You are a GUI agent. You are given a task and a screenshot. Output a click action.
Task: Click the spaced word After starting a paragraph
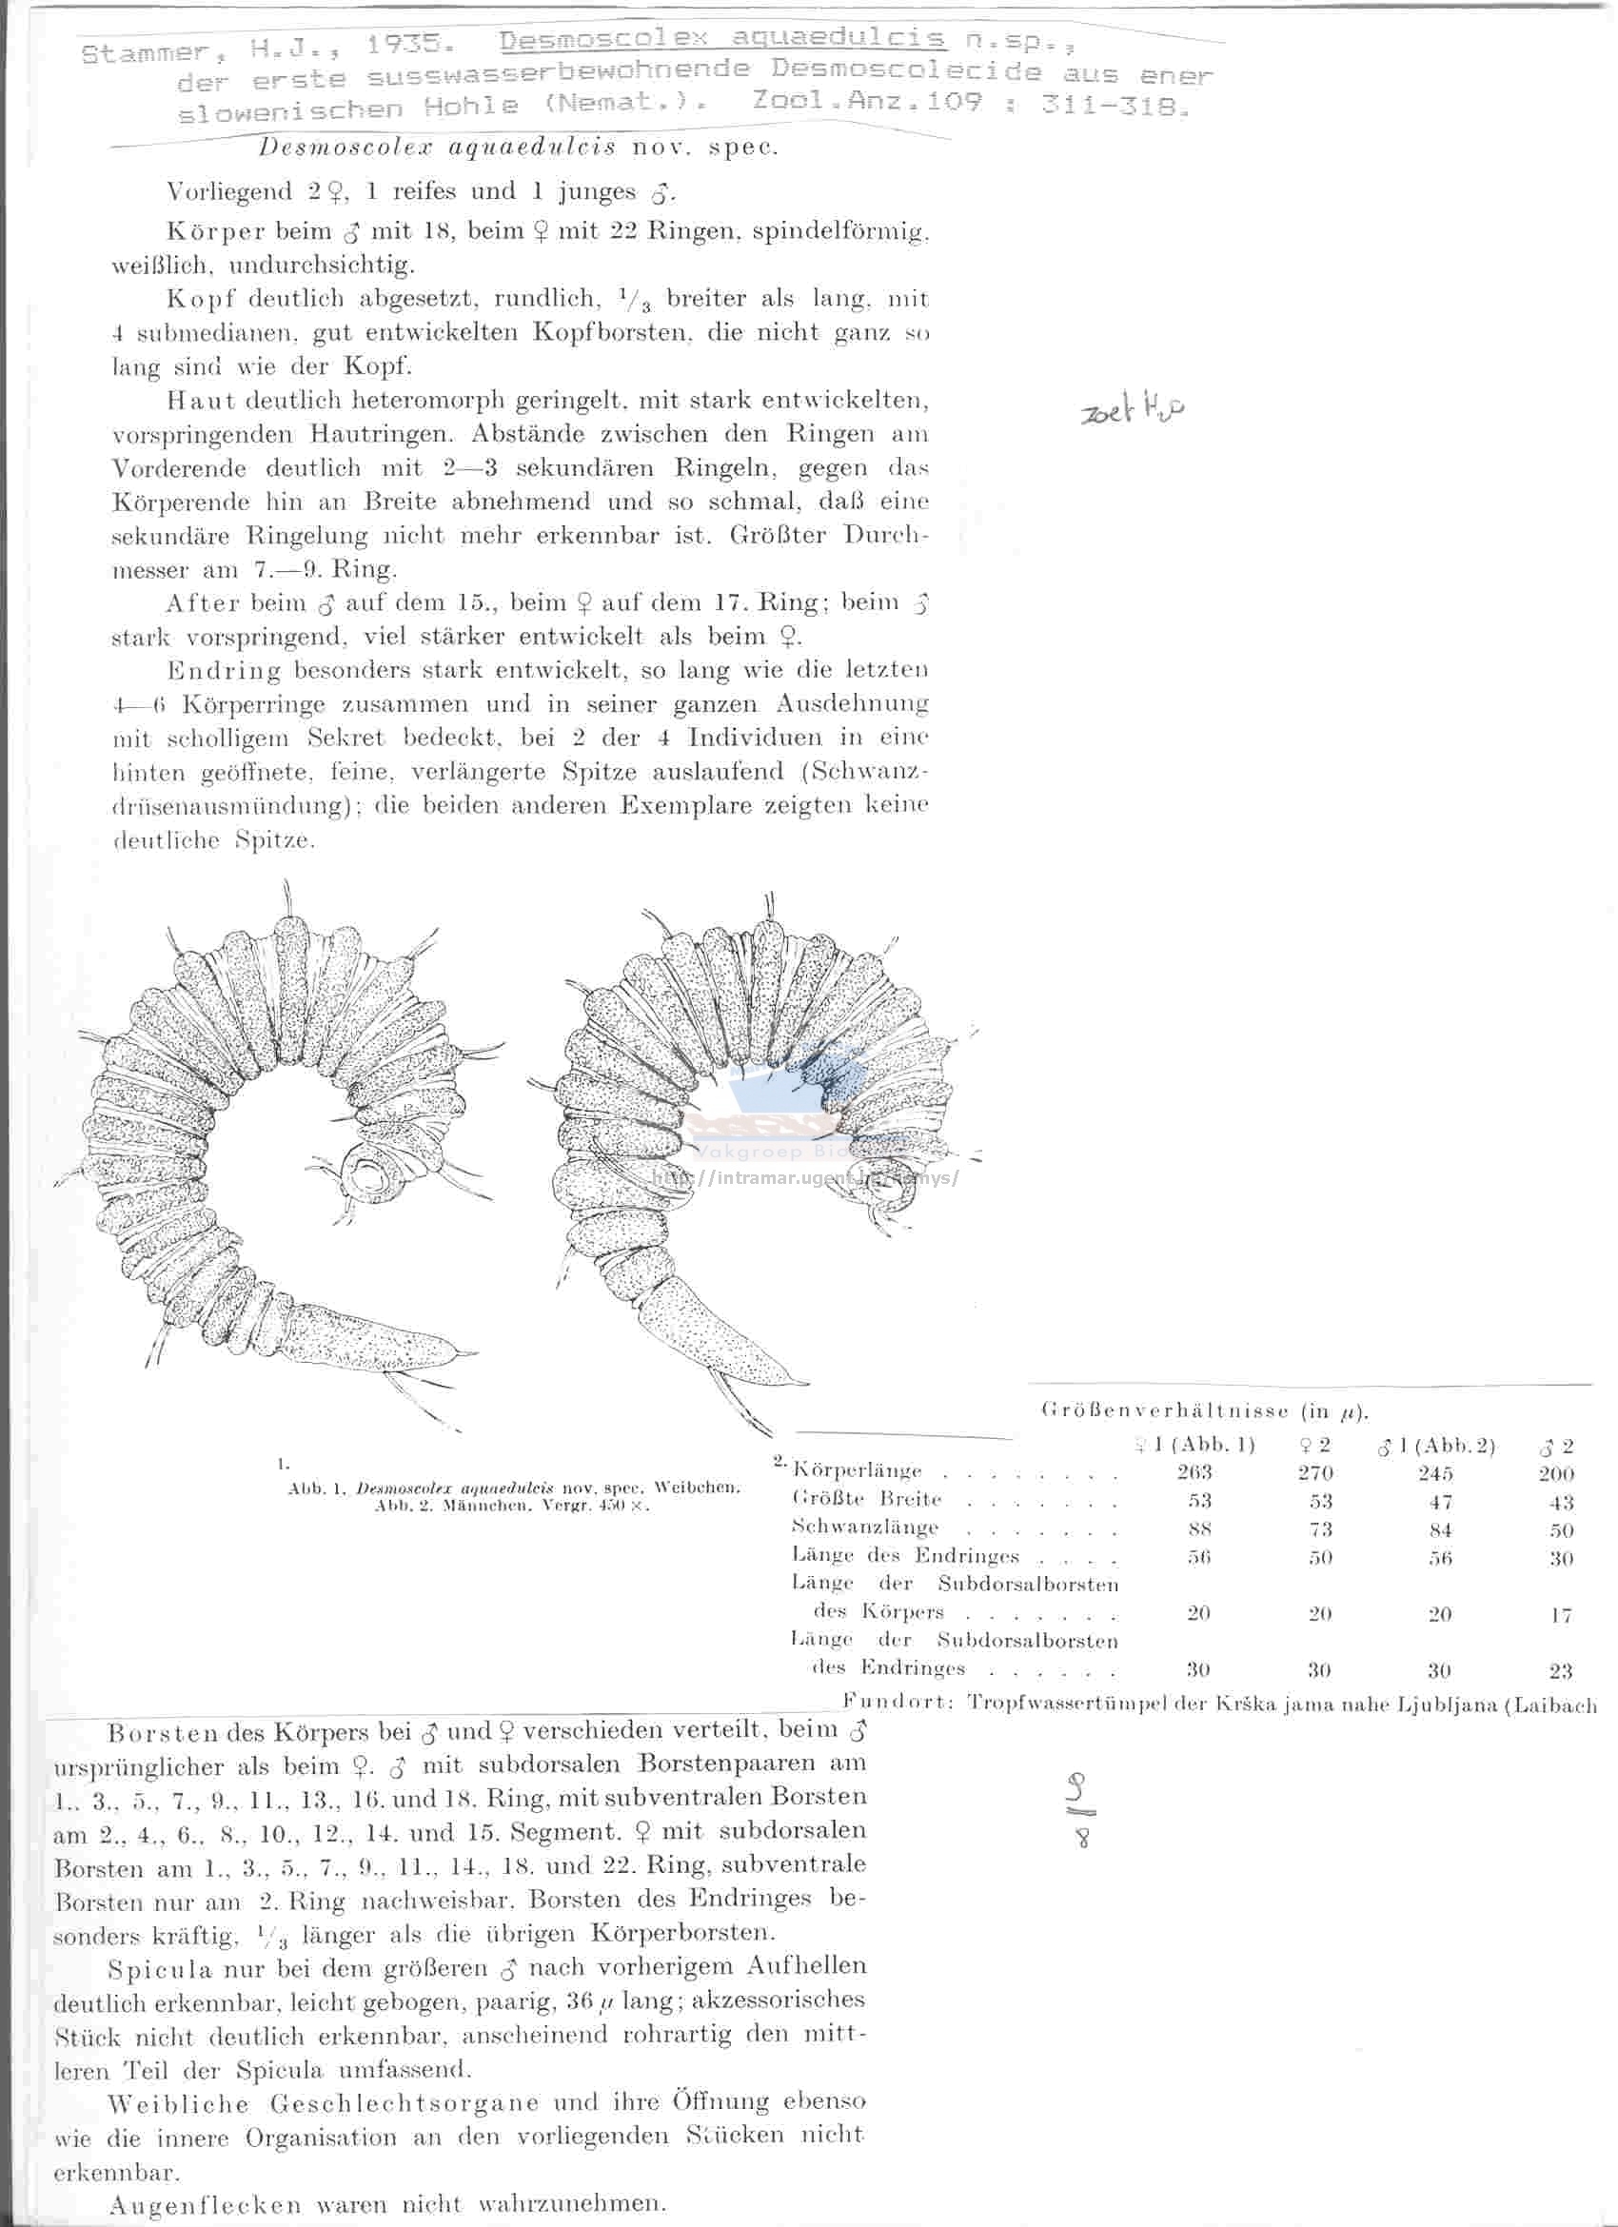(x=202, y=602)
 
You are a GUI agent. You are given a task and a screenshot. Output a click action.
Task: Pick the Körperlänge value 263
(x=1194, y=1472)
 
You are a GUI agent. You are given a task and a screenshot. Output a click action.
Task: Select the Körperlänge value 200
(x=1556, y=1474)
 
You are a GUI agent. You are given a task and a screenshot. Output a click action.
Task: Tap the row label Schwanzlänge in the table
(x=865, y=1527)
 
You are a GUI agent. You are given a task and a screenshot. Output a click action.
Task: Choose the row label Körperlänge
(x=858, y=1471)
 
